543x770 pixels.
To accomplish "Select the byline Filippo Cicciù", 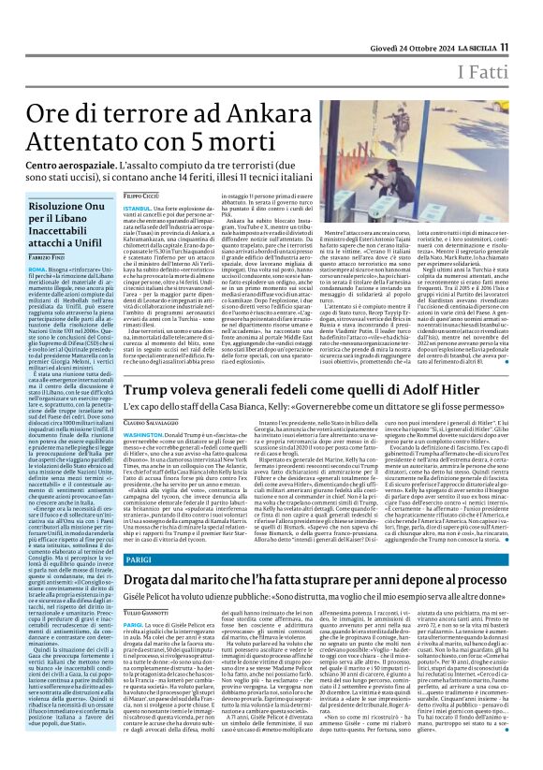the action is tap(140, 193).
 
